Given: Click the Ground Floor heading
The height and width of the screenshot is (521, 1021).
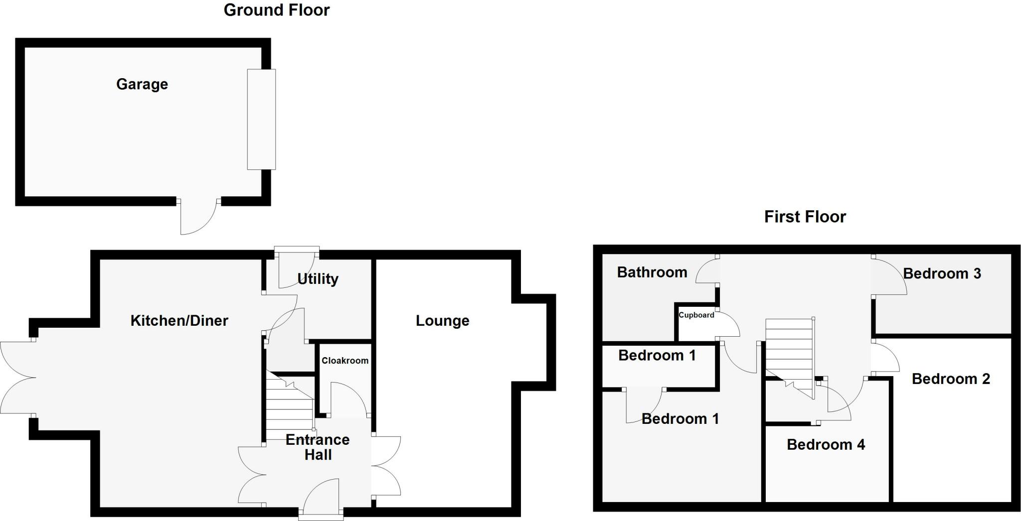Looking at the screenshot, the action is (277, 10).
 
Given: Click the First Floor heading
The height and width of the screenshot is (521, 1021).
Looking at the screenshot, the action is (805, 217).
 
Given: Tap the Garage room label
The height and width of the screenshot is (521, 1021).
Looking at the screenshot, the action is (142, 84).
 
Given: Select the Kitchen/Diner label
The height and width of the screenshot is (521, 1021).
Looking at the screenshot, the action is (179, 320).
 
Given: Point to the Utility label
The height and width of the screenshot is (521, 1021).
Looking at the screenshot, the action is (318, 278).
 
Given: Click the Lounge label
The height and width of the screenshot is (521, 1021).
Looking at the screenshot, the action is (443, 321).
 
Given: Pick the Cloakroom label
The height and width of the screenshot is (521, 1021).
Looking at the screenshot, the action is (345, 361).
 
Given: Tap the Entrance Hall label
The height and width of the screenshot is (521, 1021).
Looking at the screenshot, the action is (318, 447).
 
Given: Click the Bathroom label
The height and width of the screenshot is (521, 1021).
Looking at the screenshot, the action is (652, 272).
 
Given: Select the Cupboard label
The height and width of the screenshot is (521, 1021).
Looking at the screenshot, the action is (696, 315).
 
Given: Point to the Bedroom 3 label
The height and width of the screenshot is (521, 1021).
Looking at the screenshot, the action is (942, 273).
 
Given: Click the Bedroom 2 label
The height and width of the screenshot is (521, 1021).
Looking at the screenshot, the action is (951, 379).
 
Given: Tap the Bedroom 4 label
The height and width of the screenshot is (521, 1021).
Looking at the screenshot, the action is (826, 444).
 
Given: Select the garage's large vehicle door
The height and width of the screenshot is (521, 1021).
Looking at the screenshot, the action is (261, 119).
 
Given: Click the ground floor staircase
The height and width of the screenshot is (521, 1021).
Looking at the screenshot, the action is (290, 406).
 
